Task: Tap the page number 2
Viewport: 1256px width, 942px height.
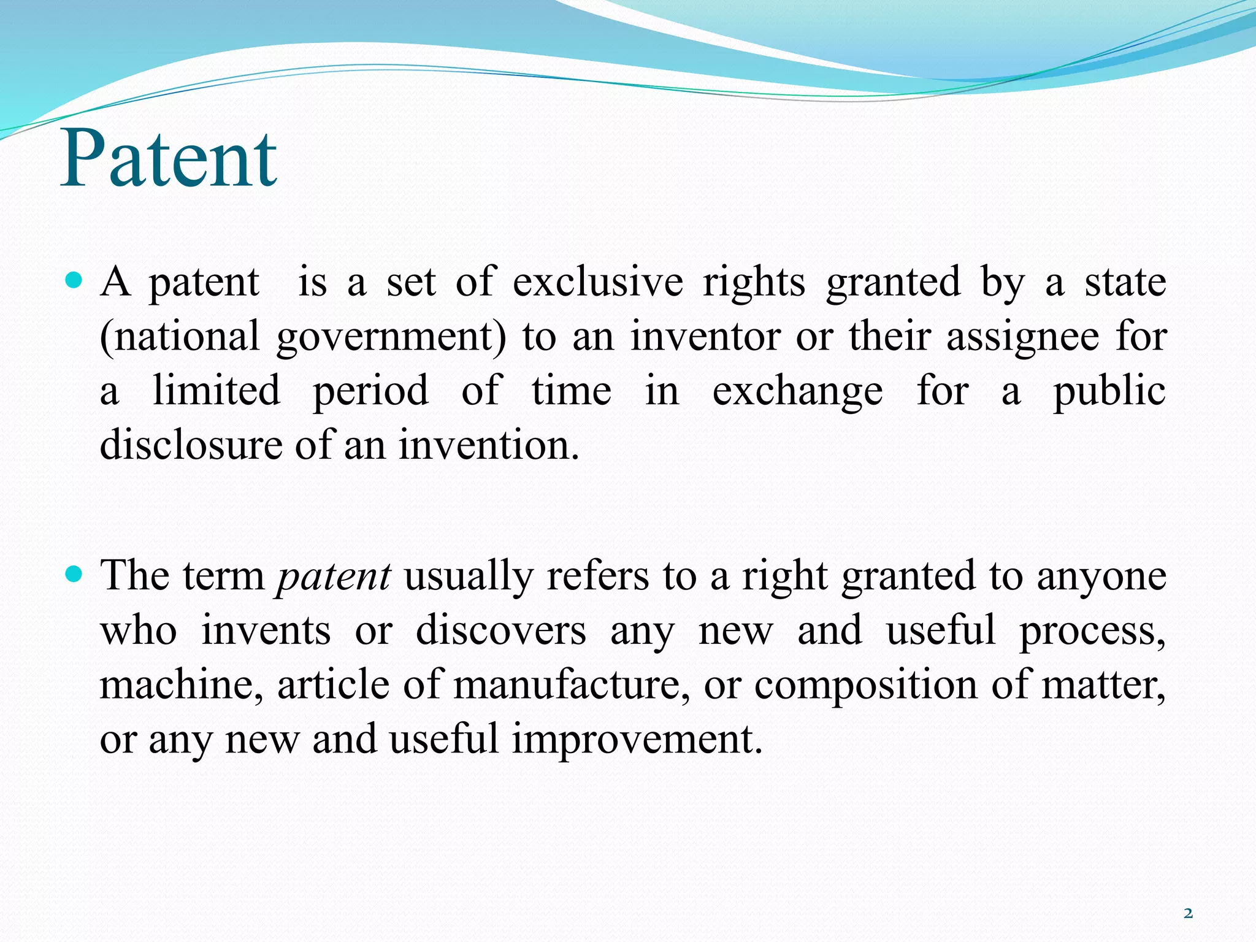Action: (1188, 914)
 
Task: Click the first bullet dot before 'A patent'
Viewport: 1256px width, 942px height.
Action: (73, 281)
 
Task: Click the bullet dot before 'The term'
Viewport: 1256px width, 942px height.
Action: (73, 575)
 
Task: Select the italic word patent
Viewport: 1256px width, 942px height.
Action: (334, 577)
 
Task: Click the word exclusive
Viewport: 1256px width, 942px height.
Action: (597, 282)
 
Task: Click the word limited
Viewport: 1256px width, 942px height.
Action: (216, 391)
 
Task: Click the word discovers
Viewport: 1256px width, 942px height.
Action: (500, 630)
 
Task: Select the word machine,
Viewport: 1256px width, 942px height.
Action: (182, 684)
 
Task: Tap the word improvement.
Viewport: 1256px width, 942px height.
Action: (637, 739)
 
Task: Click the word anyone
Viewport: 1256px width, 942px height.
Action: (1101, 577)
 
